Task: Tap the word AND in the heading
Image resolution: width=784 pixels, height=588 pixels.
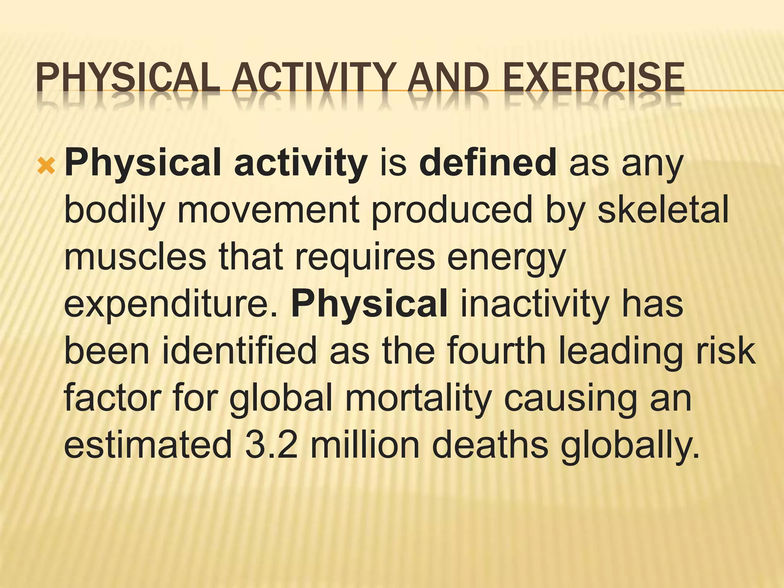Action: (448, 78)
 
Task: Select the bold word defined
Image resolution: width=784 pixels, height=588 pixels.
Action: (488, 163)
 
